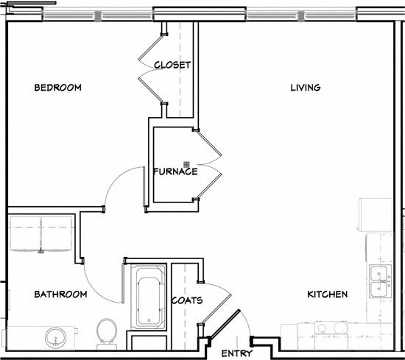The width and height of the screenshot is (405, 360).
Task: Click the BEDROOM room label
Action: point(57,88)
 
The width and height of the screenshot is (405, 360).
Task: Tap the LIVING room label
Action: point(305,88)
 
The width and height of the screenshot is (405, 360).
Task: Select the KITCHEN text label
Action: point(327,294)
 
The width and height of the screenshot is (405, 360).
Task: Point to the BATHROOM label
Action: point(60,294)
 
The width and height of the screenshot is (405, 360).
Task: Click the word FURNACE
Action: point(175,172)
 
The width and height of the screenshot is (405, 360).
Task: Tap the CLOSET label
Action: point(172,65)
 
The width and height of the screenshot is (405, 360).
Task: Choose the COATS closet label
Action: point(187,300)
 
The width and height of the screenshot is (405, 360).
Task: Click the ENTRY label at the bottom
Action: point(236,353)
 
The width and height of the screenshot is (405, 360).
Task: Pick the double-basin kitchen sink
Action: point(381,280)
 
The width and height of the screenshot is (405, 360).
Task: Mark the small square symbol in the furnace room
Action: point(188,163)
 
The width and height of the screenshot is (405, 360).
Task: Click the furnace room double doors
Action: point(208,166)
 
